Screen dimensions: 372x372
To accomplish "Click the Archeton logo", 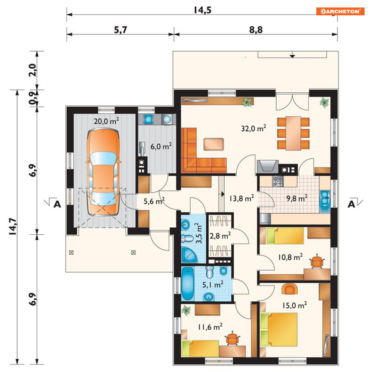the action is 340,11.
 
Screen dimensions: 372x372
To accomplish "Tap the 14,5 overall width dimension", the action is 203,10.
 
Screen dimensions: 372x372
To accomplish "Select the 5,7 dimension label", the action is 120,30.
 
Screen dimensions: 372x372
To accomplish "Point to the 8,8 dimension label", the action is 256,30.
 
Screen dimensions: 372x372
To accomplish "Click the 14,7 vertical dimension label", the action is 13,226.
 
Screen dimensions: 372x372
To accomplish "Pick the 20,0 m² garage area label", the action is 106,121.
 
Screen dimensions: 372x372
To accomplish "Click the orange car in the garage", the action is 103,172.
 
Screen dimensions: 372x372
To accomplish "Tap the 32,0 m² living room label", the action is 253,128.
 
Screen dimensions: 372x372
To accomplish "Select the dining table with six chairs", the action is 293,133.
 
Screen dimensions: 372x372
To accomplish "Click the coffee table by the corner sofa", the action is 213,144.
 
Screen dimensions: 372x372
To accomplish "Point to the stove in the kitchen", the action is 278,181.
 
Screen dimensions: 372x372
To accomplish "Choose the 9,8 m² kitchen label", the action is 297,198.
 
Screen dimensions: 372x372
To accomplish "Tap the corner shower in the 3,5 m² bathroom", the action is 189,255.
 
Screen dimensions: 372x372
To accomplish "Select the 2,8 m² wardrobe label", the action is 220,236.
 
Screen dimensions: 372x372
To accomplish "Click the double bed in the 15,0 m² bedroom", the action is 279,330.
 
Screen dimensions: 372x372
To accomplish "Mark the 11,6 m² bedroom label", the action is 210,327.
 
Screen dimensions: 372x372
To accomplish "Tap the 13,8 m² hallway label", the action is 242,198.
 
